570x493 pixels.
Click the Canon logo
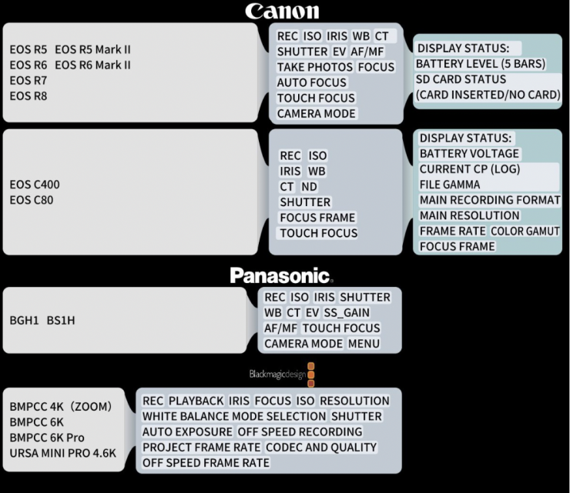[281, 11]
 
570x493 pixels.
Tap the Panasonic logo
[280, 275]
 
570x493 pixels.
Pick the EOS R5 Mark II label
[92, 49]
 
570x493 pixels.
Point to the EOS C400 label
[35, 185]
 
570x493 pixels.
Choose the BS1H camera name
[61, 320]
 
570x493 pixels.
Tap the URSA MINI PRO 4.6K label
[63, 453]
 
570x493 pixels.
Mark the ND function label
[309, 186]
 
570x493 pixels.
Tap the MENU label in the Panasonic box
[364, 343]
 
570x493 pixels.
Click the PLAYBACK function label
[196, 401]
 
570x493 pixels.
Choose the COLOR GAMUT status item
[525, 231]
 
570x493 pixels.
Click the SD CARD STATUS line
[461, 79]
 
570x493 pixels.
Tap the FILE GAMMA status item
[449, 185]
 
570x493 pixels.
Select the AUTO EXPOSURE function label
[186, 431]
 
